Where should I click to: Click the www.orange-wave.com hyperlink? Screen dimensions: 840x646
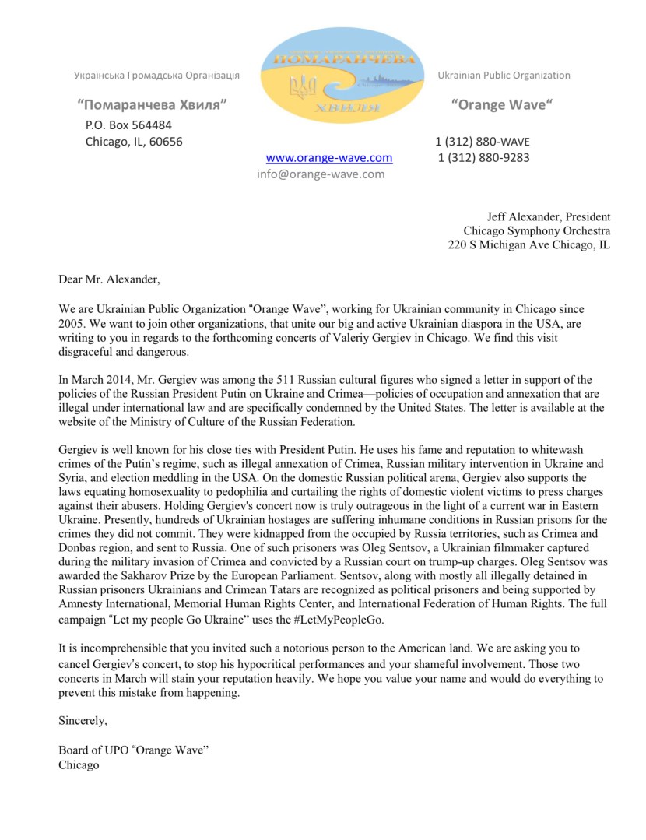[329, 158]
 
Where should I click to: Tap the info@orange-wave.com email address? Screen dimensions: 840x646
[321, 174]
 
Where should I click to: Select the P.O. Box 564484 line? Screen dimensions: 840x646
[128, 125]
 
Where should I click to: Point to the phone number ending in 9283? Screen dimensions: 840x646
[483, 158]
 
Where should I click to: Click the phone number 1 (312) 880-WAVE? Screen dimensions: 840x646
[482, 142]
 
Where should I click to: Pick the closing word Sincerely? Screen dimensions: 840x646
[83, 721]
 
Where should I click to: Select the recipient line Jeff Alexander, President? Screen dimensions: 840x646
[549, 216]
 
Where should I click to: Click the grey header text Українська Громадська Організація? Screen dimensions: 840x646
[156, 76]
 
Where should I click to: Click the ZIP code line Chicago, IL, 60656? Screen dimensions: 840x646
[133, 142]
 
